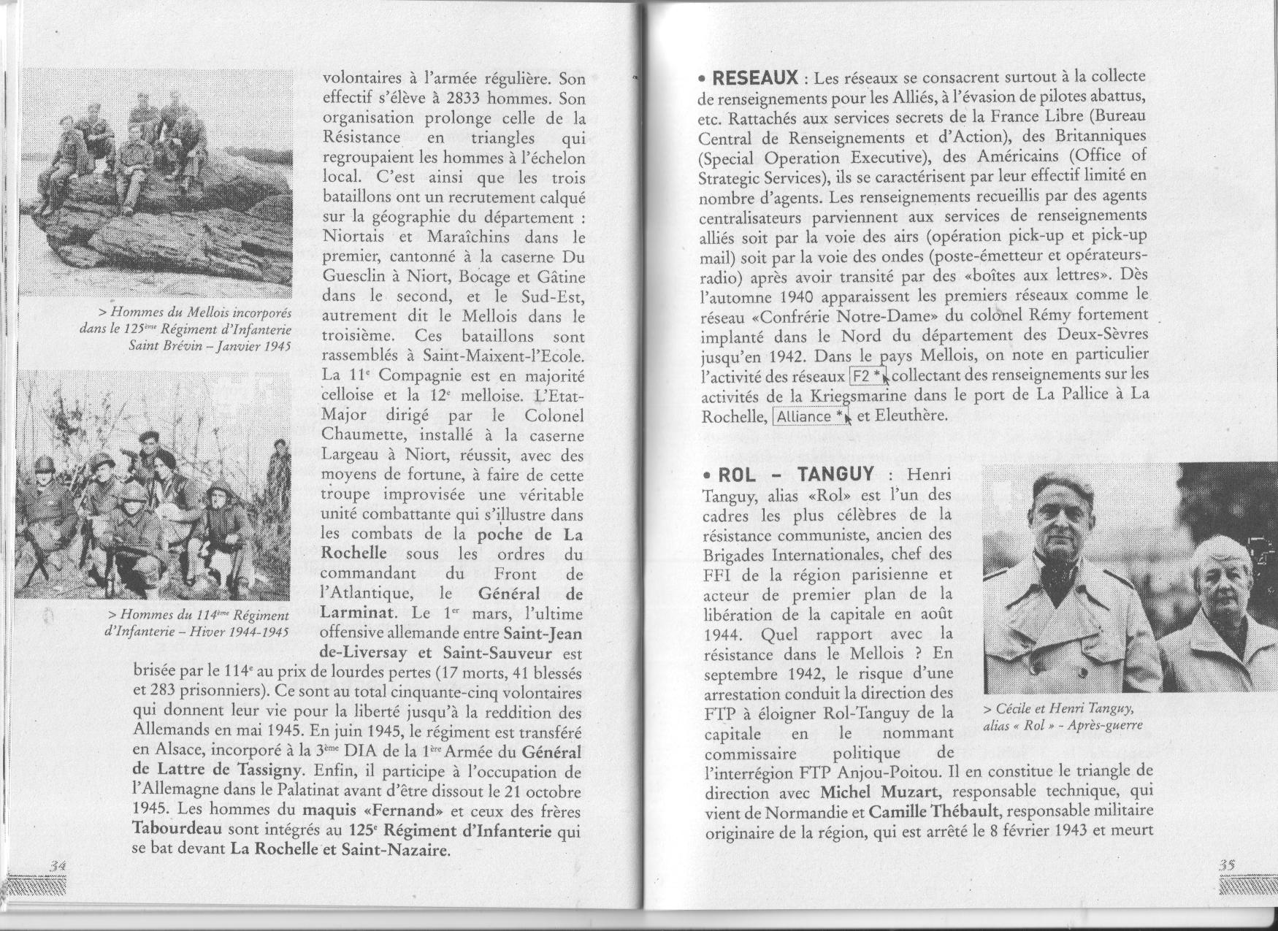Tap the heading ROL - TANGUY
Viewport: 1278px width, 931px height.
pyautogui.click(x=797, y=475)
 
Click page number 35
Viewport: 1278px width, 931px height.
pyautogui.click(x=1227, y=864)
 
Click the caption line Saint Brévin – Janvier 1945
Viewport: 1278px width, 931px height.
pyautogui.click(x=210, y=345)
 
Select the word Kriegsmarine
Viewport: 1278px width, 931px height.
pyautogui.click(x=859, y=396)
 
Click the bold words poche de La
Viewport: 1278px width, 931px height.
pyautogui.click(x=529, y=535)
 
